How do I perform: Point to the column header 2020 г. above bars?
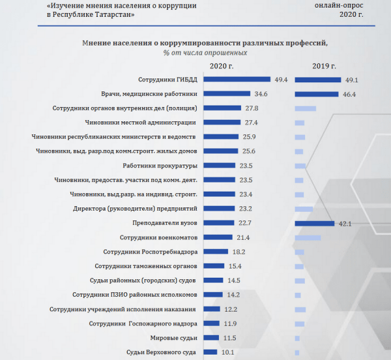click(222, 66)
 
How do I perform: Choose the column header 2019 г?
click(324, 66)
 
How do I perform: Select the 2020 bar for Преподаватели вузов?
click(220, 223)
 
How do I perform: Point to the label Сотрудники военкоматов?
click(155, 237)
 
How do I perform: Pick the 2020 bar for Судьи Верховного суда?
click(210, 352)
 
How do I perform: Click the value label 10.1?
click(226, 352)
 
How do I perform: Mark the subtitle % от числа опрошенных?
click(205, 52)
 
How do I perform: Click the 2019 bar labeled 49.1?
click(318, 80)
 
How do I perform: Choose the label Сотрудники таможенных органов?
click(146, 266)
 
